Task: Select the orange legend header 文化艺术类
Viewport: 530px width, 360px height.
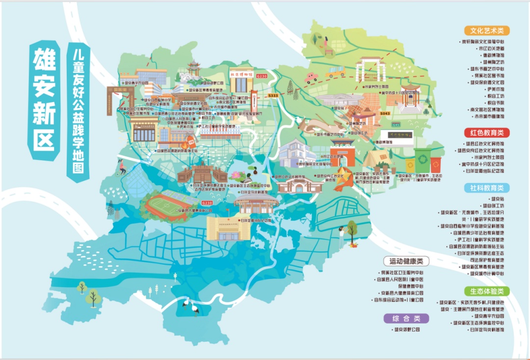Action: tap(487, 30)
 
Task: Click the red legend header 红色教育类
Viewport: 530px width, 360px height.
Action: tap(487, 133)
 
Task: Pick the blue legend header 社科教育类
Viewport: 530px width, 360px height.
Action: tap(487, 188)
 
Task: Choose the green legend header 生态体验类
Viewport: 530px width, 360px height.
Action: tap(487, 291)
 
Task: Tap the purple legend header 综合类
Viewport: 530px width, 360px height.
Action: tap(406, 318)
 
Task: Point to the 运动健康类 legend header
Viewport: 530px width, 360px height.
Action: tap(406, 261)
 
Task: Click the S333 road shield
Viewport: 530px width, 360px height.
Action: tap(273, 95)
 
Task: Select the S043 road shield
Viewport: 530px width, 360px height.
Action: tap(385, 114)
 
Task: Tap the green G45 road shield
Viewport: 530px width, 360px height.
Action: tap(396, 124)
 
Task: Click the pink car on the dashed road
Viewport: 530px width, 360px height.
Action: tap(311, 77)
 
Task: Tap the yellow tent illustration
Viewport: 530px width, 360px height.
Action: tap(378, 159)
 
